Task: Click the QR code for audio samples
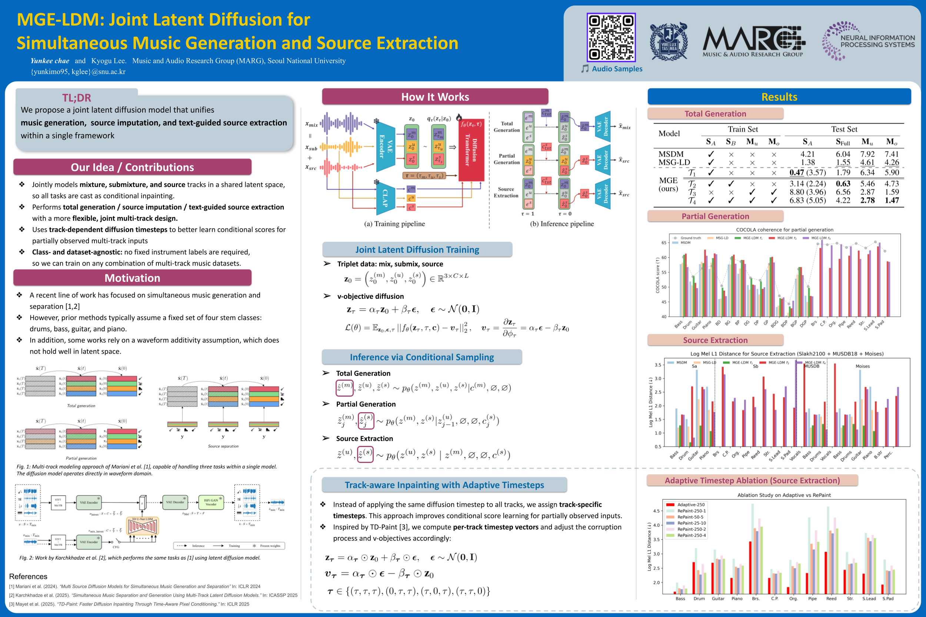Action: coord(611,37)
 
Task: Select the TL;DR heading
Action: coord(76,98)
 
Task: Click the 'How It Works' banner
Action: coord(435,97)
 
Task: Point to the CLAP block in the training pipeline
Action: coord(385,199)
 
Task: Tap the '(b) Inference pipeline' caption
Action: coord(562,224)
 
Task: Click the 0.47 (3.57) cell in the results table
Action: coord(807,172)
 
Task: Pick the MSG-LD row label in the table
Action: coord(674,163)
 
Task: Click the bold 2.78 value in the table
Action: coord(867,200)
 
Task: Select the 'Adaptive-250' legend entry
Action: coord(691,504)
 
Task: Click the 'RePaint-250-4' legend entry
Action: coord(691,535)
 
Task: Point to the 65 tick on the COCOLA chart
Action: coord(663,243)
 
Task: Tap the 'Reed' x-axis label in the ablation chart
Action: coord(831,598)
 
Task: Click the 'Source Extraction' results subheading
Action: coord(715,340)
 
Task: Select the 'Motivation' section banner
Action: coord(132,278)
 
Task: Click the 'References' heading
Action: coord(28,577)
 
